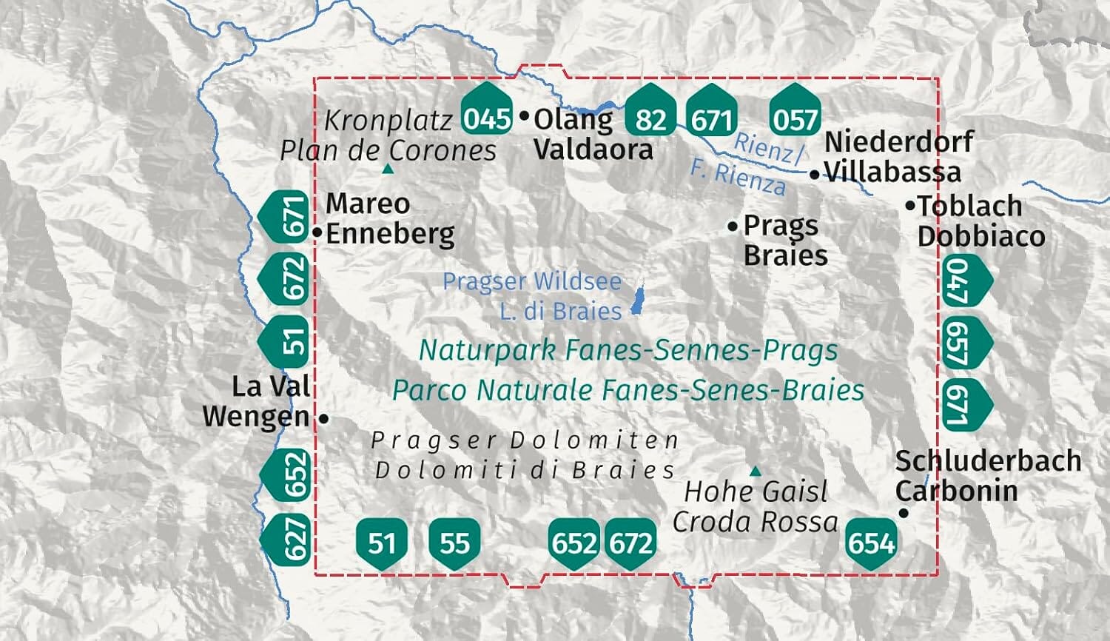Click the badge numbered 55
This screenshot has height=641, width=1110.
(454, 543)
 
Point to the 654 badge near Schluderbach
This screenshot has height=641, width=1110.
(871, 543)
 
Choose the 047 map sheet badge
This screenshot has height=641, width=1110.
(964, 280)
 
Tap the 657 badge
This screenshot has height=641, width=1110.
(964, 343)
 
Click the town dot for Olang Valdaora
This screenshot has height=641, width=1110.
(525, 115)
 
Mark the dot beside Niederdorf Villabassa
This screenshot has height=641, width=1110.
(814, 175)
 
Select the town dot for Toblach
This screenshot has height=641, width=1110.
(910, 206)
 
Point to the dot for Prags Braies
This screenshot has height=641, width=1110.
(733, 226)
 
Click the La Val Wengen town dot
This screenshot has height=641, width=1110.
(323, 419)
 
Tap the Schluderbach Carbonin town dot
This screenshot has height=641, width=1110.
(903, 513)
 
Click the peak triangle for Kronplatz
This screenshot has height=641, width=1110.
(387, 170)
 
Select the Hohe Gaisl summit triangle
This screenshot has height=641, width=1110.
(755, 471)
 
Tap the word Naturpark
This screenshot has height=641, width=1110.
(487, 350)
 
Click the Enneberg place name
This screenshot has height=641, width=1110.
(390, 234)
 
